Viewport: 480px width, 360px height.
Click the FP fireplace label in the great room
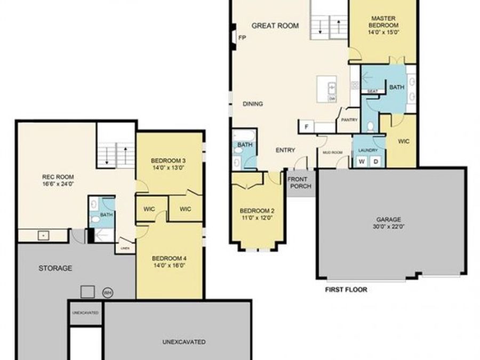242,38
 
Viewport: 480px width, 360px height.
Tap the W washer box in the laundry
362,162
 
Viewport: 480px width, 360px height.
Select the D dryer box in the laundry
375,162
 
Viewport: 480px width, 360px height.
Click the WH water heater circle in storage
107,293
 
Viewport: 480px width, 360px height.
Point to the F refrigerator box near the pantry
306,127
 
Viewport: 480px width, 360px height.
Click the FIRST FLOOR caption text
346,290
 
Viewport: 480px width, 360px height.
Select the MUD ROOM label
332,152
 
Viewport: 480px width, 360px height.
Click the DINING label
252,104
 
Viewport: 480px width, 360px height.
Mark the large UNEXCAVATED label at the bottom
184,342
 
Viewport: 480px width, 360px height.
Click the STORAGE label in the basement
55,268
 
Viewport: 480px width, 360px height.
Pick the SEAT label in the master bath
372,91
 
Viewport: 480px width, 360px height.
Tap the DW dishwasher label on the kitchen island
332,99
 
